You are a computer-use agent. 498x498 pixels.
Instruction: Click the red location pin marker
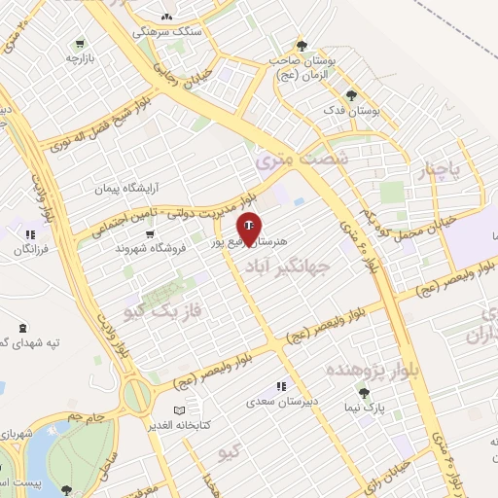(x=249, y=228)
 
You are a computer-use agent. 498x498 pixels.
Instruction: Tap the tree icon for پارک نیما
(x=364, y=393)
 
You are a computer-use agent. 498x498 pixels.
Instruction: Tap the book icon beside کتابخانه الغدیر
(x=177, y=410)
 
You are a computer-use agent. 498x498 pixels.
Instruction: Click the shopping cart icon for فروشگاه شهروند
(x=149, y=233)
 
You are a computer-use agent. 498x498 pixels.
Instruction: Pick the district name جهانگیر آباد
(x=288, y=265)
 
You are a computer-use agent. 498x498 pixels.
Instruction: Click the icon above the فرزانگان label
(x=31, y=234)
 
